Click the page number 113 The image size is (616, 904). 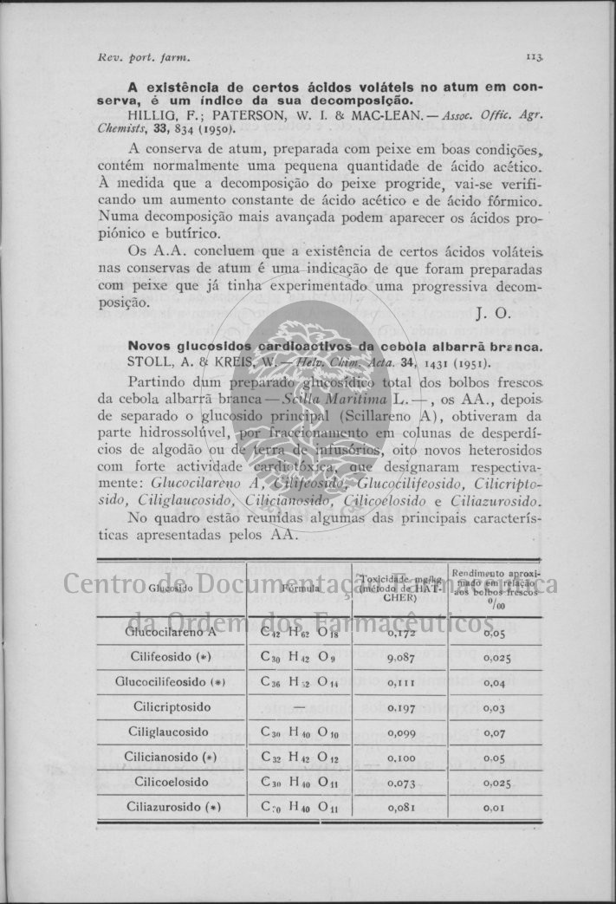click(534, 58)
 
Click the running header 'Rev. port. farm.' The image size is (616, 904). click(144, 58)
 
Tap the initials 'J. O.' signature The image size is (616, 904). click(493, 314)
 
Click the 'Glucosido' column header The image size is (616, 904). click(170, 589)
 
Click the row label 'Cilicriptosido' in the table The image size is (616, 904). click(172, 707)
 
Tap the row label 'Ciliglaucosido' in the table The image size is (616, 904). click(172, 732)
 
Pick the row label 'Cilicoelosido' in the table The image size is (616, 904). click(172, 782)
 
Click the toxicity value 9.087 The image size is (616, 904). click(403, 658)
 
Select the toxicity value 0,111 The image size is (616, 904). click(403, 683)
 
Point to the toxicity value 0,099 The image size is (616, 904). click(403, 733)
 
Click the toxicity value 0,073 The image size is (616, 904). click(403, 783)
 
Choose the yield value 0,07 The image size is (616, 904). click(495, 733)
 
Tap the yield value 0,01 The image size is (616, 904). click(495, 808)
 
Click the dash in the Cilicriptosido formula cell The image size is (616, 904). click(298, 707)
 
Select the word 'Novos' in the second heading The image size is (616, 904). click(150, 346)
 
